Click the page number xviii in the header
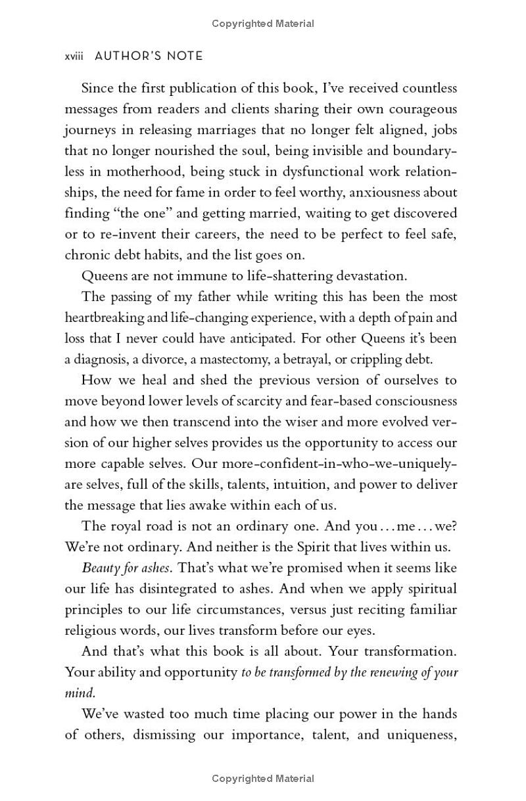[74, 57]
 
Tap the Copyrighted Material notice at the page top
[263, 24]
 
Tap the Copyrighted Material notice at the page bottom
[263, 779]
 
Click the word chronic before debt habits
[85, 255]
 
